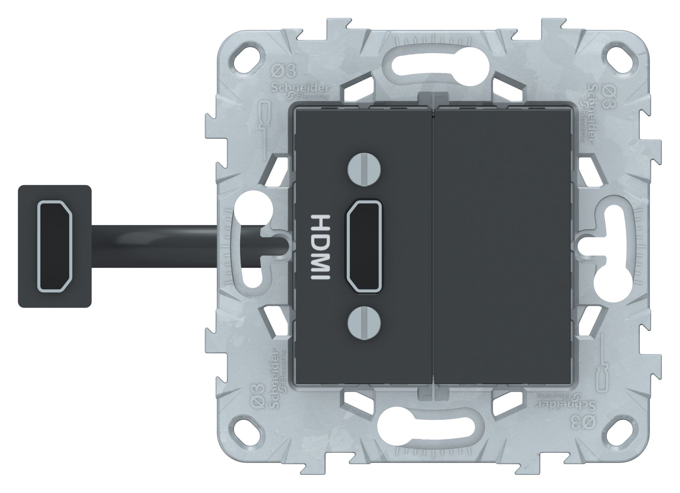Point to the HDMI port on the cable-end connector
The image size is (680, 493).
point(55,246)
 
